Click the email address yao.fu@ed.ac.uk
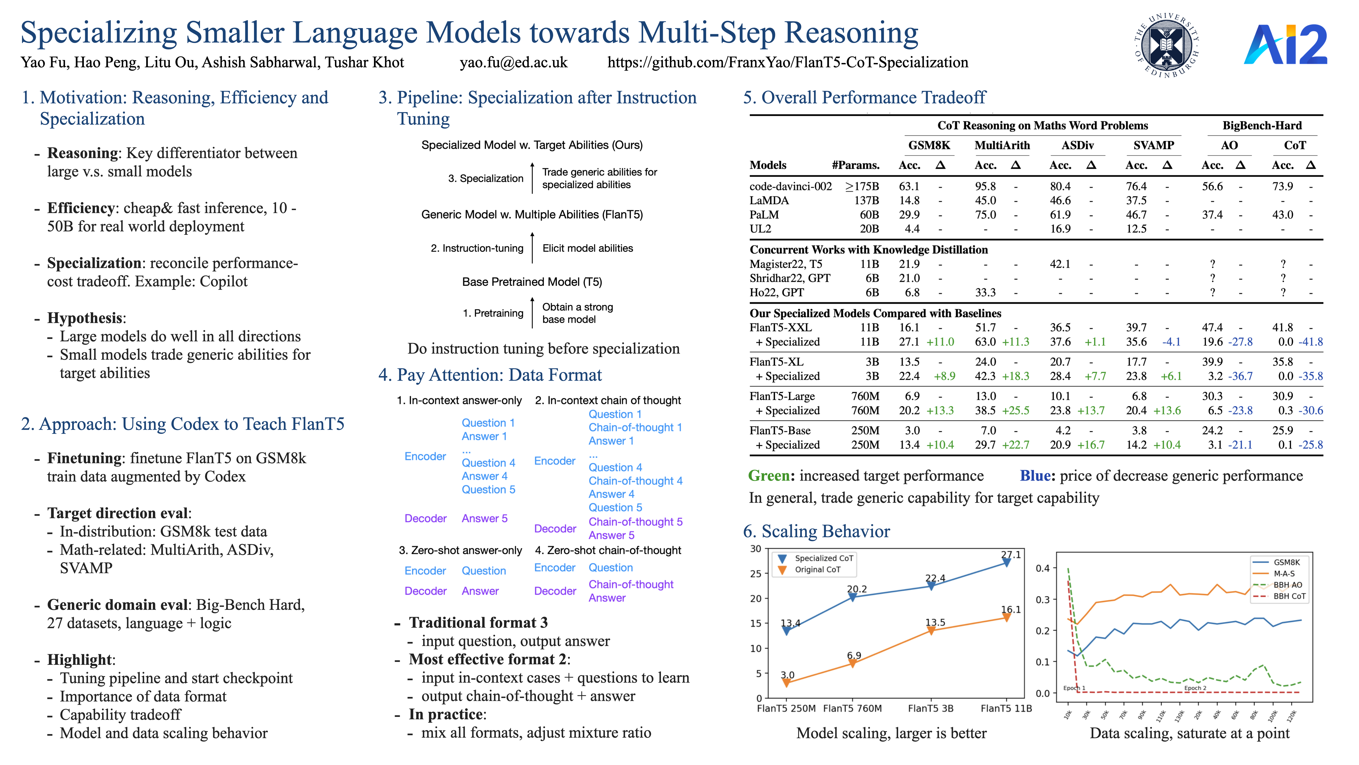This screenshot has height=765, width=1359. coord(513,62)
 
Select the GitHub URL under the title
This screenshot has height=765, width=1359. coord(788,62)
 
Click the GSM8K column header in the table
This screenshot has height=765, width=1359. coord(929,145)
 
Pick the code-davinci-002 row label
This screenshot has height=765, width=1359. coord(790,186)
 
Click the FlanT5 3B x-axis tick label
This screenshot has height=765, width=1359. coord(931,708)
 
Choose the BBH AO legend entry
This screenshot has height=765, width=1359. coord(1287,585)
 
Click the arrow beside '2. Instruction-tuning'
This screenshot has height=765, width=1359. coord(532,248)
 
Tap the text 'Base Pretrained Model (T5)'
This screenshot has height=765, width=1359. coord(532,282)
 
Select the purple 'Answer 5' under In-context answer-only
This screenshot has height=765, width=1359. coord(484,518)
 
